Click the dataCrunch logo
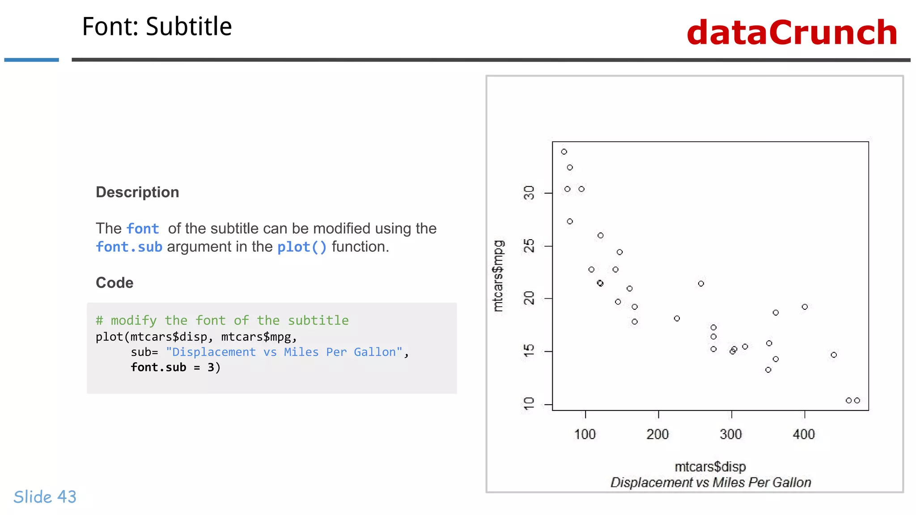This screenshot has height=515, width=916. [x=792, y=33]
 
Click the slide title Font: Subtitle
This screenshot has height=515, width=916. [x=157, y=26]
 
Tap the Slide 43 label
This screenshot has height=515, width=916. [x=45, y=497]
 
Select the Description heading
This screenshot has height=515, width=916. [x=137, y=192]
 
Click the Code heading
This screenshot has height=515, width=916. [x=114, y=283]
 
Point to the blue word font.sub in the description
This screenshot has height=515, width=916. [x=129, y=247]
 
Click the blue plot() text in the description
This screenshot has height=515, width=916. [x=302, y=247]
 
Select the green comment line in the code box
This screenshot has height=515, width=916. [x=222, y=320]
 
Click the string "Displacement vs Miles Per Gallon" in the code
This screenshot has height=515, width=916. [x=284, y=352]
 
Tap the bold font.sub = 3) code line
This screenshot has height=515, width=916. [x=175, y=367]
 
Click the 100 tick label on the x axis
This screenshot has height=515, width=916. [x=585, y=434]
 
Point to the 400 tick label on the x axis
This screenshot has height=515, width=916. [x=804, y=434]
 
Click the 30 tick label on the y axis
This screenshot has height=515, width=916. [x=529, y=193]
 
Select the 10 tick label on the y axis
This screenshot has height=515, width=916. [x=529, y=404]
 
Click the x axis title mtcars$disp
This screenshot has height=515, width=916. [x=710, y=467]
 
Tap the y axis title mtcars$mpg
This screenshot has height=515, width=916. [x=498, y=275]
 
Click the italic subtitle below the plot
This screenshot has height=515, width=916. [x=710, y=482]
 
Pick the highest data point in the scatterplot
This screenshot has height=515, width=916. [x=564, y=152]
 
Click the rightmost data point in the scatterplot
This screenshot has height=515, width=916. [x=857, y=401]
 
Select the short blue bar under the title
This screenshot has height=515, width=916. [x=31, y=59]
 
